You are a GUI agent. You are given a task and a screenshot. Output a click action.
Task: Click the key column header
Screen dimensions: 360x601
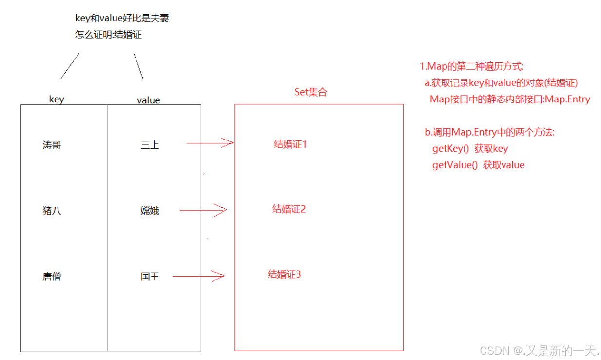pyautogui.click(x=57, y=100)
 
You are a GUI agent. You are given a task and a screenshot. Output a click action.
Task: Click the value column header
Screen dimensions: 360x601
pyautogui.click(x=149, y=100)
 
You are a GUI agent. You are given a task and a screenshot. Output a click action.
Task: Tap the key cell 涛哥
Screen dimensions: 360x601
pyautogui.click(x=52, y=145)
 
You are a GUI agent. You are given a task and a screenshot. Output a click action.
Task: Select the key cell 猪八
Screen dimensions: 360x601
pyautogui.click(x=52, y=211)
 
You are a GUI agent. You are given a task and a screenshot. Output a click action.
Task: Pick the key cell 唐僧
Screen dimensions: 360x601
pyautogui.click(x=52, y=277)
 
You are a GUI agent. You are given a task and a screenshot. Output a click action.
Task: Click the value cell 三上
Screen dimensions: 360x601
pyautogui.click(x=150, y=145)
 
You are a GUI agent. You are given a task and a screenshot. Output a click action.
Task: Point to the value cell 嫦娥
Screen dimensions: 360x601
pyautogui.click(x=150, y=211)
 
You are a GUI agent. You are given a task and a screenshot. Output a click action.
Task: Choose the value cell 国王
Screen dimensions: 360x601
pyautogui.click(x=150, y=277)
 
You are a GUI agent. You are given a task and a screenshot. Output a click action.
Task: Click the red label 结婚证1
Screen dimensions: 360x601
pyautogui.click(x=290, y=144)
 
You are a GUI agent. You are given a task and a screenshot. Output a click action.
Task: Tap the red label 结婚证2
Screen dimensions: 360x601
pyautogui.click(x=289, y=209)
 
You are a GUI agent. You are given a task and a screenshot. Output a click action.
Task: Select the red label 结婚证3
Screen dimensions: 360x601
pyautogui.click(x=284, y=274)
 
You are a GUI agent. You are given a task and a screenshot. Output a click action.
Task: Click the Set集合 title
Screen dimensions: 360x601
pyautogui.click(x=310, y=92)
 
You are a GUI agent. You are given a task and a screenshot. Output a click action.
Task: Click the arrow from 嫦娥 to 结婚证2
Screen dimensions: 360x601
pyautogui.click(x=203, y=210)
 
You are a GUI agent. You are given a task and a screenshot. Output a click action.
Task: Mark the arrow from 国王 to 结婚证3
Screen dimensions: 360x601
pyautogui.click(x=198, y=276)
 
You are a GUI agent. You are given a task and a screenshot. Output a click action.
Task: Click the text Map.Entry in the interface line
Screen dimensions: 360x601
pyautogui.click(x=567, y=100)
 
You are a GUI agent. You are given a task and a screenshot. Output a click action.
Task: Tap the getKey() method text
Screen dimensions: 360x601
pyautogui.click(x=450, y=149)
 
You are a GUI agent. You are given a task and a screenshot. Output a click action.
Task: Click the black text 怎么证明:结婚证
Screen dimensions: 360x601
pyautogui.click(x=108, y=35)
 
